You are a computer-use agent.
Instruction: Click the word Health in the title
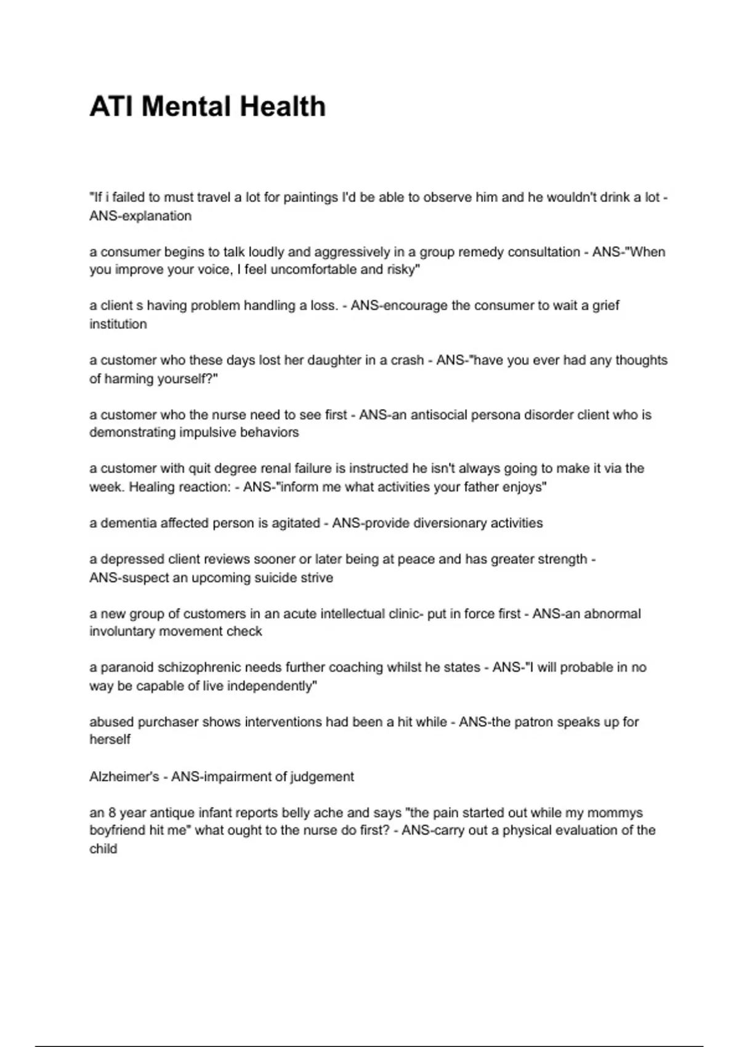[x=282, y=107]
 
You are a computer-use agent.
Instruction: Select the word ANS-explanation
[x=140, y=216]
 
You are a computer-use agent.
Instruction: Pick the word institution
[x=118, y=324]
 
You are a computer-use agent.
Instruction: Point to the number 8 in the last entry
[x=112, y=813]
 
